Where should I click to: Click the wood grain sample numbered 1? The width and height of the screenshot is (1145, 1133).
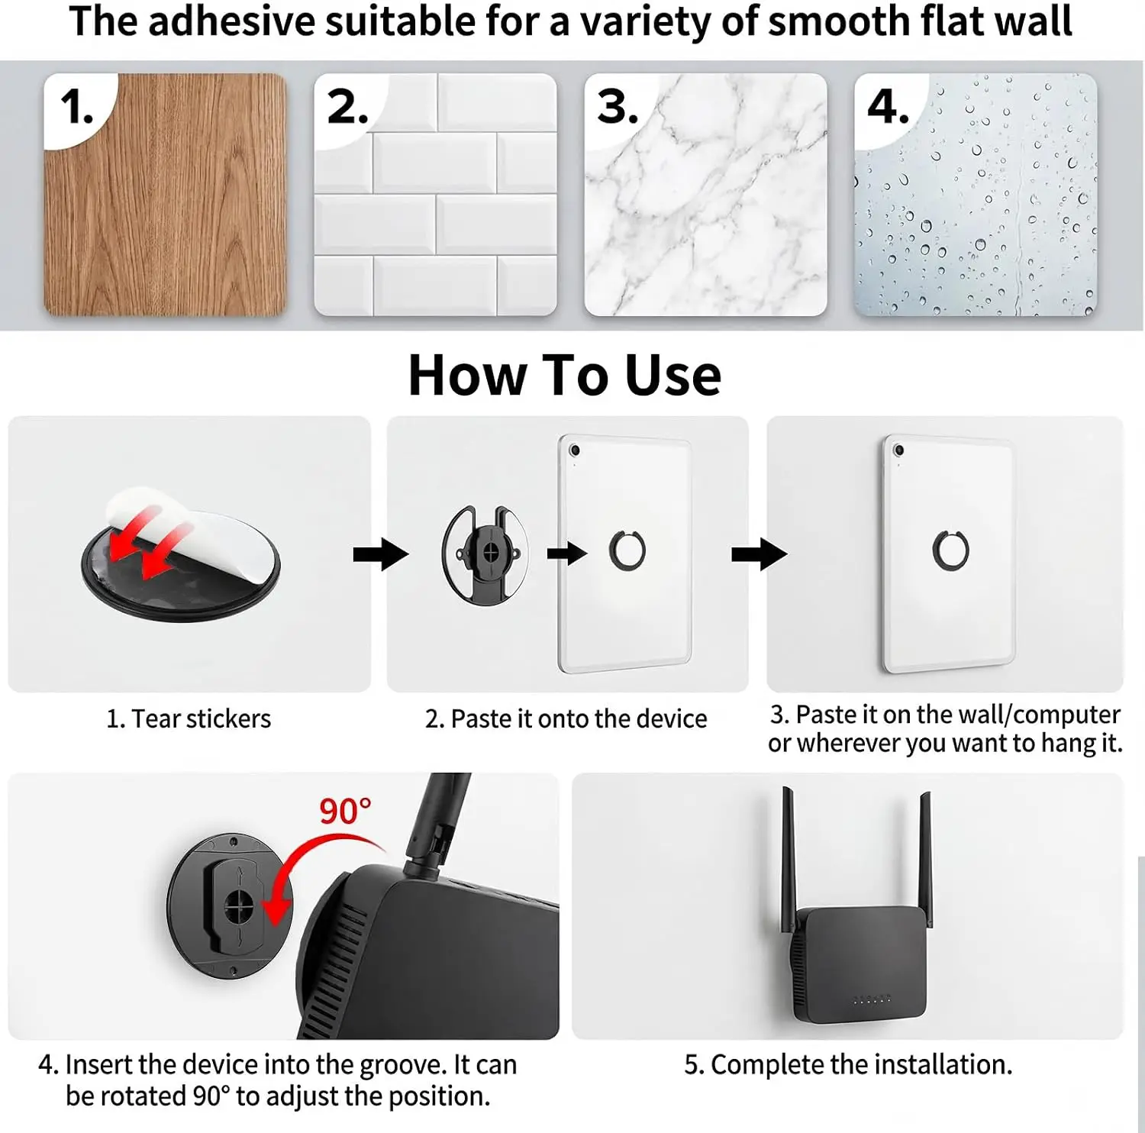coord(165,195)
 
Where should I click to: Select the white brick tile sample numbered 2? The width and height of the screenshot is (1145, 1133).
coord(435,195)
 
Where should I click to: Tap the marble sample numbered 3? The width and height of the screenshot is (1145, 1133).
coord(705,195)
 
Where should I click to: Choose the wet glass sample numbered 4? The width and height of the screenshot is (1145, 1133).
coord(976,195)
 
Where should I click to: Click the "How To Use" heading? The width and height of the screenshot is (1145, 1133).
coord(565,375)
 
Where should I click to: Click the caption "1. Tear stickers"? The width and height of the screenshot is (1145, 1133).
coord(189,718)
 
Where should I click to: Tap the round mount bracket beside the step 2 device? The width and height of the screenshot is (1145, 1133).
coord(485,554)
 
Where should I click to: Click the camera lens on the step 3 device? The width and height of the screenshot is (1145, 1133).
coord(899,450)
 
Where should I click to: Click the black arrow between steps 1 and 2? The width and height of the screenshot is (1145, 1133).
coord(380,554)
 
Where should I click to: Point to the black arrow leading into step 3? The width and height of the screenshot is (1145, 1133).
coord(759,554)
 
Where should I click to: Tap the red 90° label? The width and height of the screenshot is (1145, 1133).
coord(345,811)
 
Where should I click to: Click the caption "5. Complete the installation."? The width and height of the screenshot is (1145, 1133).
coord(848,1064)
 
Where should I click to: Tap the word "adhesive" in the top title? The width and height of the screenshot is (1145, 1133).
coord(231,21)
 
